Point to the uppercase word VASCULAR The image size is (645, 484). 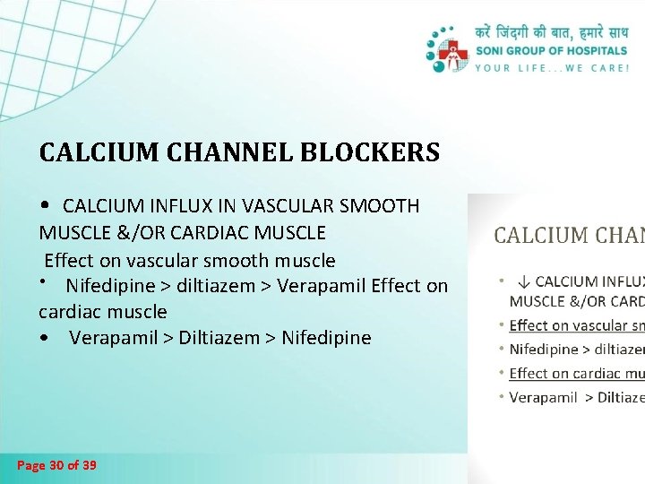click(x=289, y=206)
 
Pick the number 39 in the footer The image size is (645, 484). click(x=90, y=465)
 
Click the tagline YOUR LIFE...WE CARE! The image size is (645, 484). click(x=552, y=67)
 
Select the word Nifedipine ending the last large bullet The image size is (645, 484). click(x=326, y=338)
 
